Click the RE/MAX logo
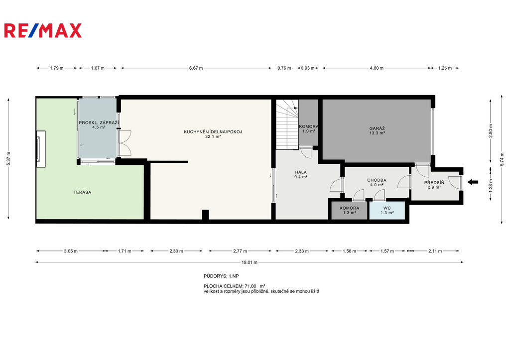tap(43, 30)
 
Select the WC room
tap(387, 210)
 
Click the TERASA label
tap(82, 192)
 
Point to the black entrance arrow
tap(473, 182)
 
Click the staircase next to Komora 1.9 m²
tap(287, 124)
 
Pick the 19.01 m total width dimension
tap(250, 262)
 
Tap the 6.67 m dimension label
tap(196, 68)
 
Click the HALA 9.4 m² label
tap(301, 175)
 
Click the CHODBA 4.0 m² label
tap(377, 182)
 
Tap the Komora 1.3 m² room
tap(349, 210)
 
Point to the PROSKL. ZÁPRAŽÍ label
tap(99, 122)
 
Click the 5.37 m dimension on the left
tap(8, 159)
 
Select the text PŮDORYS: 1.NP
tap(221, 276)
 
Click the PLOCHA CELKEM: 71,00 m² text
tap(235, 286)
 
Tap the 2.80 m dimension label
tap(491, 131)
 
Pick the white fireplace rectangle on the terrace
tap(41, 149)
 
